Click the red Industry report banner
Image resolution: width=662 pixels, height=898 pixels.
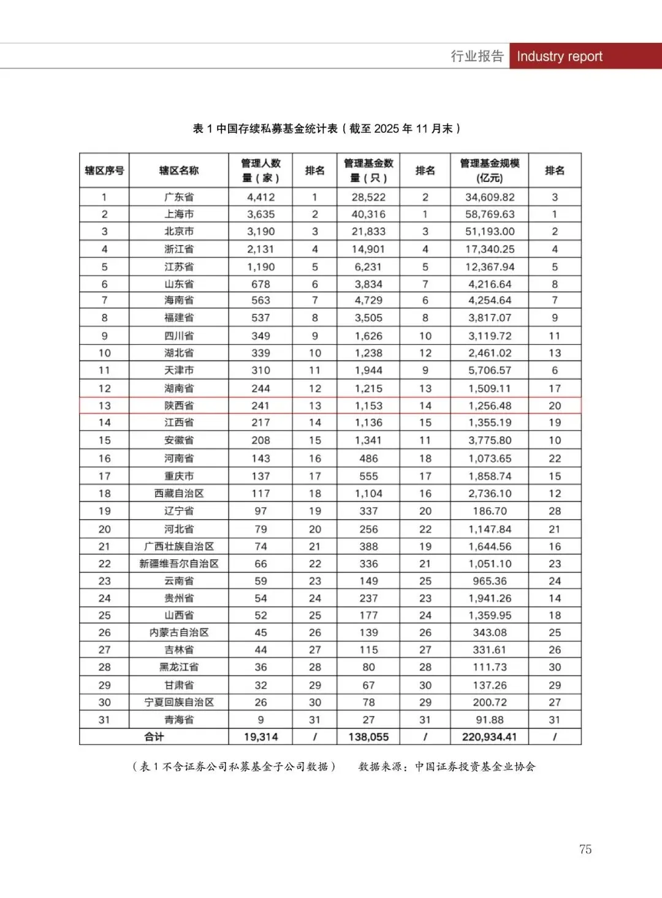(x=585, y=56)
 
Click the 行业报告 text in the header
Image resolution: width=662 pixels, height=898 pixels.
(x=477, y=56)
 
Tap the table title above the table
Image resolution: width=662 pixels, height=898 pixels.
(x=327, y=129)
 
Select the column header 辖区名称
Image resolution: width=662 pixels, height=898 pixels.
(x=179, y=170)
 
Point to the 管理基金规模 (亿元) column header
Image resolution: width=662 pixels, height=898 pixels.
(x=489, y=170)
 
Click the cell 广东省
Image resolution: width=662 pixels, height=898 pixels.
(x=179, y=197)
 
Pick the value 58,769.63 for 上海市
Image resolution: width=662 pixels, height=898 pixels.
(x=489, y=214)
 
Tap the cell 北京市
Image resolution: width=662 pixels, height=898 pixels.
(x=179, y=232)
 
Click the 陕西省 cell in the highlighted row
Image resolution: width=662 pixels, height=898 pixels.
(x=179, y=406)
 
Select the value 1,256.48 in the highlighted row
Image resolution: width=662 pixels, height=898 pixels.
(x=489, y=406)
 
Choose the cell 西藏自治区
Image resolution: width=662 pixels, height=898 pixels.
(x=179, y=493)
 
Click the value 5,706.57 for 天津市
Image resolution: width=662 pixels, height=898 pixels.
(x=489, y=370)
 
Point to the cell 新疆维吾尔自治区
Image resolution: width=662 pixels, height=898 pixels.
(x=179, y=564)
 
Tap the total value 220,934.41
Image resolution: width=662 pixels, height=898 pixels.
(x=489, y=737)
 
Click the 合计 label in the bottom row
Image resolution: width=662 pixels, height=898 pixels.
(x=154, y=737)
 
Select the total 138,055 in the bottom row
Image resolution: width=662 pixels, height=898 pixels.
(x=368, y=737)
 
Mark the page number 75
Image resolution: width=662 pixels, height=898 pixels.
(x=585, y=849)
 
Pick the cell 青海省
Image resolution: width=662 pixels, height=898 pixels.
(x=179, y=720)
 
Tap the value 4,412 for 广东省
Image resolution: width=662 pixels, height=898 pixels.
(x=261, y=197)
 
